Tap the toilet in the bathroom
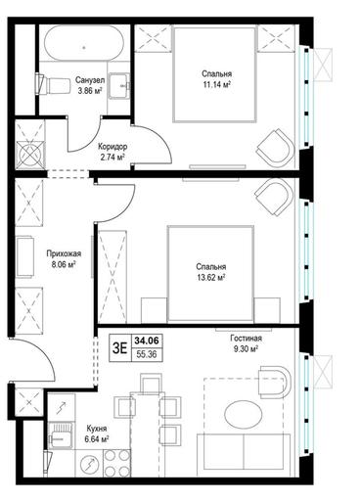[x=53, y=84]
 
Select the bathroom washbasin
[x=119, y=85]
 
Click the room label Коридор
[x=112, y=147]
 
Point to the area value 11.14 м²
[x=216, y=84]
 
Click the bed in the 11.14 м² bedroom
[x=214, y=74]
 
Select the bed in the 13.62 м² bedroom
[x=210, y=273]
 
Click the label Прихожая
[x=64, y=253]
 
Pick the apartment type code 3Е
[x=119, y=348]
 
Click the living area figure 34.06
[x=147, y=341]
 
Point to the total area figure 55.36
[x=147, y=354]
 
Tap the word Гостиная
[x=246, y=339]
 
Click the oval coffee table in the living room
[x=244, y=414]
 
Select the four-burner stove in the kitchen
[x=117, y=462]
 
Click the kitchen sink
[x=62, y=435]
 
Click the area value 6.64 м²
[x=97, y=439]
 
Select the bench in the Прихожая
[x=25, y=257]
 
